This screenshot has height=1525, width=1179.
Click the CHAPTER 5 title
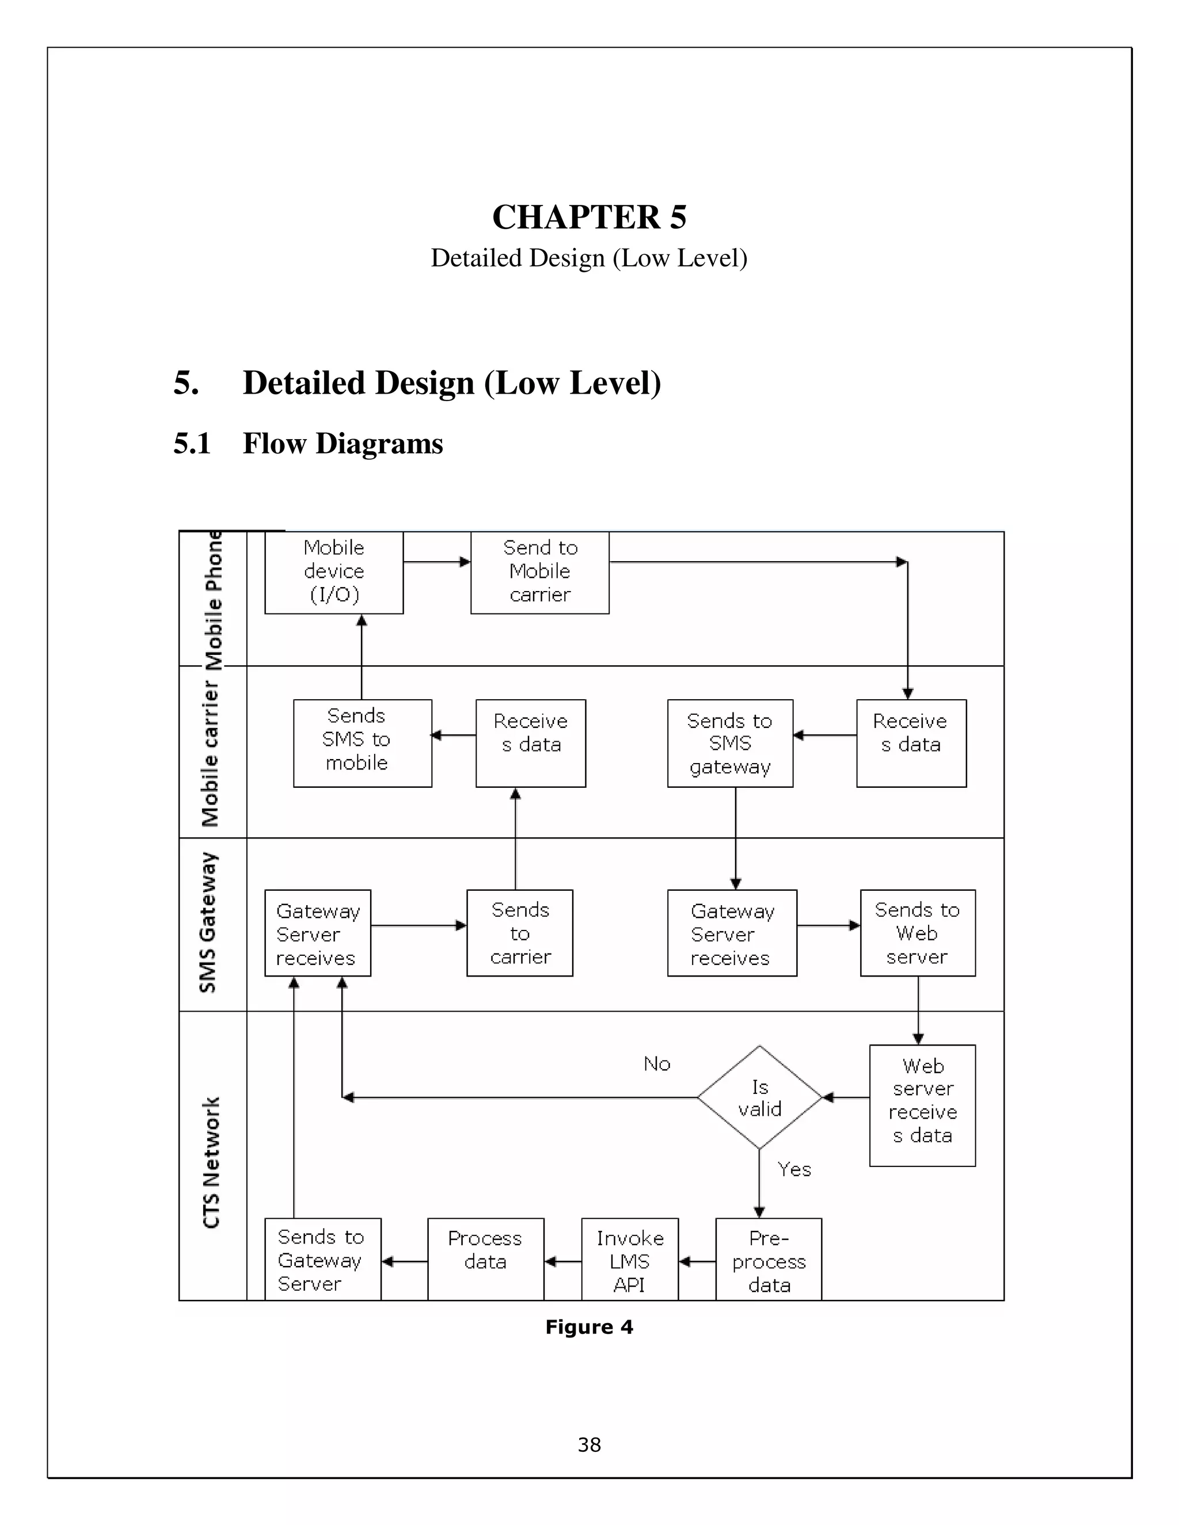(589, 217)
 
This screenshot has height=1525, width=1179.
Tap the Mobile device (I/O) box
(334, 572)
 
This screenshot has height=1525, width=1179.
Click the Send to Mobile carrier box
(539, 572)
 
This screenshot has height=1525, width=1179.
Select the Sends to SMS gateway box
(729, 743)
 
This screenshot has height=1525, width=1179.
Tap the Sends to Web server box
(917, 932)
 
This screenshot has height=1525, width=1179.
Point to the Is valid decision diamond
(759, 1097)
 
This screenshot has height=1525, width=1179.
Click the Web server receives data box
(922, 1105)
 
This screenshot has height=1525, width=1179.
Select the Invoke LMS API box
(629, 1260)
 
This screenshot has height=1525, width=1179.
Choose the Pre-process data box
(769, 1260)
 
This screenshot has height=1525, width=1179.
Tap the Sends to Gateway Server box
(322, 1260)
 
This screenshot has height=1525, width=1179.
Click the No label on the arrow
(656, 1064)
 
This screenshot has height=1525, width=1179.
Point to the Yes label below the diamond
(794, 1169)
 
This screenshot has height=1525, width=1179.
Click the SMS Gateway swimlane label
(209, 922)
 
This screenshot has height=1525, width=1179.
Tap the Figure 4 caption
(589, 1326)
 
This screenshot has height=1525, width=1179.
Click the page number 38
(589, 1444)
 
